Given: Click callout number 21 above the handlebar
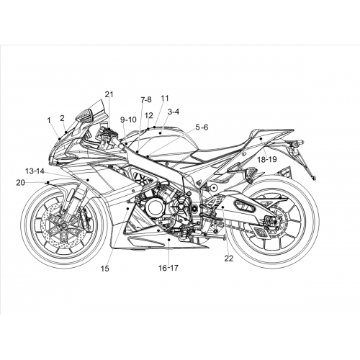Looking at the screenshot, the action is click(109, 94).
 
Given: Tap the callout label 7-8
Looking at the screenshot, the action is click(146, 99).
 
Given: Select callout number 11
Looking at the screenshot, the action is click(165, 98).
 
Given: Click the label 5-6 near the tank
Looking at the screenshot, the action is click(202, 127).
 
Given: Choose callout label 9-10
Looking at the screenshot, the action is click(128, 120).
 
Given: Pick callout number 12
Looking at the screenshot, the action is click(149, 115).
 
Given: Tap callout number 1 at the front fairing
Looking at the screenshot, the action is click(49, 120).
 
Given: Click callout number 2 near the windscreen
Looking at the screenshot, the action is click(62, 118).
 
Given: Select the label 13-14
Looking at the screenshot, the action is click(35, 171).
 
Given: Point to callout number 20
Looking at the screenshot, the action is click(20, 183).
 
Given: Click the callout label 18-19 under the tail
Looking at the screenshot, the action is click(267, 159).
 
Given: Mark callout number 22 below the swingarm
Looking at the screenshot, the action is click(229, 258).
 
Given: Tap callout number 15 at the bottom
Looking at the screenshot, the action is click(105, 269).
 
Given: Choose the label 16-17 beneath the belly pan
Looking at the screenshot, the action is click(168, 268).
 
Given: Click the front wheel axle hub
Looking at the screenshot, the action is click(63, 225).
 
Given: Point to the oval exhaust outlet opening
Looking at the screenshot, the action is click(245, 206).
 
